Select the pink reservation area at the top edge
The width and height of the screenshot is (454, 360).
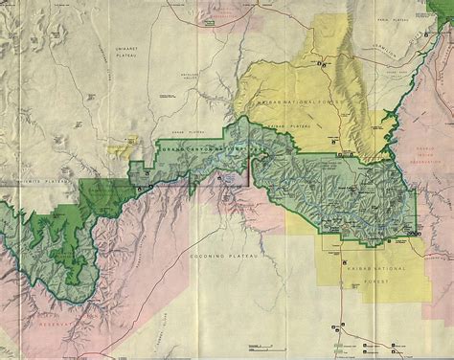pyautogui.click(x=224, y=13)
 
